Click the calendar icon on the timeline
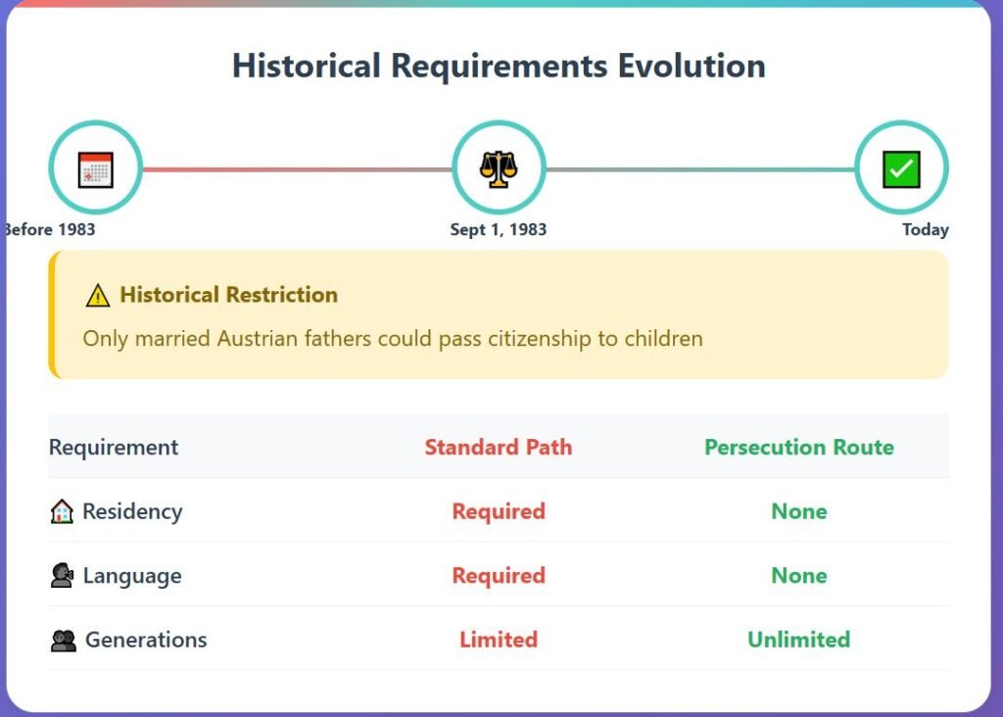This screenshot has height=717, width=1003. point(95,169)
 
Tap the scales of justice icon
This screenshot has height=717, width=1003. point(499,168)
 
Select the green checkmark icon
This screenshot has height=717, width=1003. point(901,169)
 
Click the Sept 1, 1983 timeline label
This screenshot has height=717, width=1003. point(499,229)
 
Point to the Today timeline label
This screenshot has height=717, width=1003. point(925,229)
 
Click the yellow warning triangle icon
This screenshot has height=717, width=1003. point(98,296)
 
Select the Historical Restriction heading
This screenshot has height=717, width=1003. point(228,295)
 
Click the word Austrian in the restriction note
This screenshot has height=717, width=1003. point(258,338)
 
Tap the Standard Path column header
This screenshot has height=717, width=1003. point(499,447)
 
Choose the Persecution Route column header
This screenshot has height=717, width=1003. point(799,447)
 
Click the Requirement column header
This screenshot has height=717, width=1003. point(114,447)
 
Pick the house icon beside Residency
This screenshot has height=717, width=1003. point(62,511)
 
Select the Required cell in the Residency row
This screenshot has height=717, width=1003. point(499,511)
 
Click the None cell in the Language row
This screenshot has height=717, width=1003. point(799,576)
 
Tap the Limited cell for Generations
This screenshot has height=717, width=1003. point(499,640)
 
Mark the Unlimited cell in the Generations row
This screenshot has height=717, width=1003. point(799,640)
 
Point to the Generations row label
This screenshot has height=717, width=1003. point(146,640)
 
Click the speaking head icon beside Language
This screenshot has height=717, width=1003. point(62,576)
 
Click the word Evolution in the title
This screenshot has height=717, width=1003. point(692,66)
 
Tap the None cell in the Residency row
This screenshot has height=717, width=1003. point(799,511)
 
